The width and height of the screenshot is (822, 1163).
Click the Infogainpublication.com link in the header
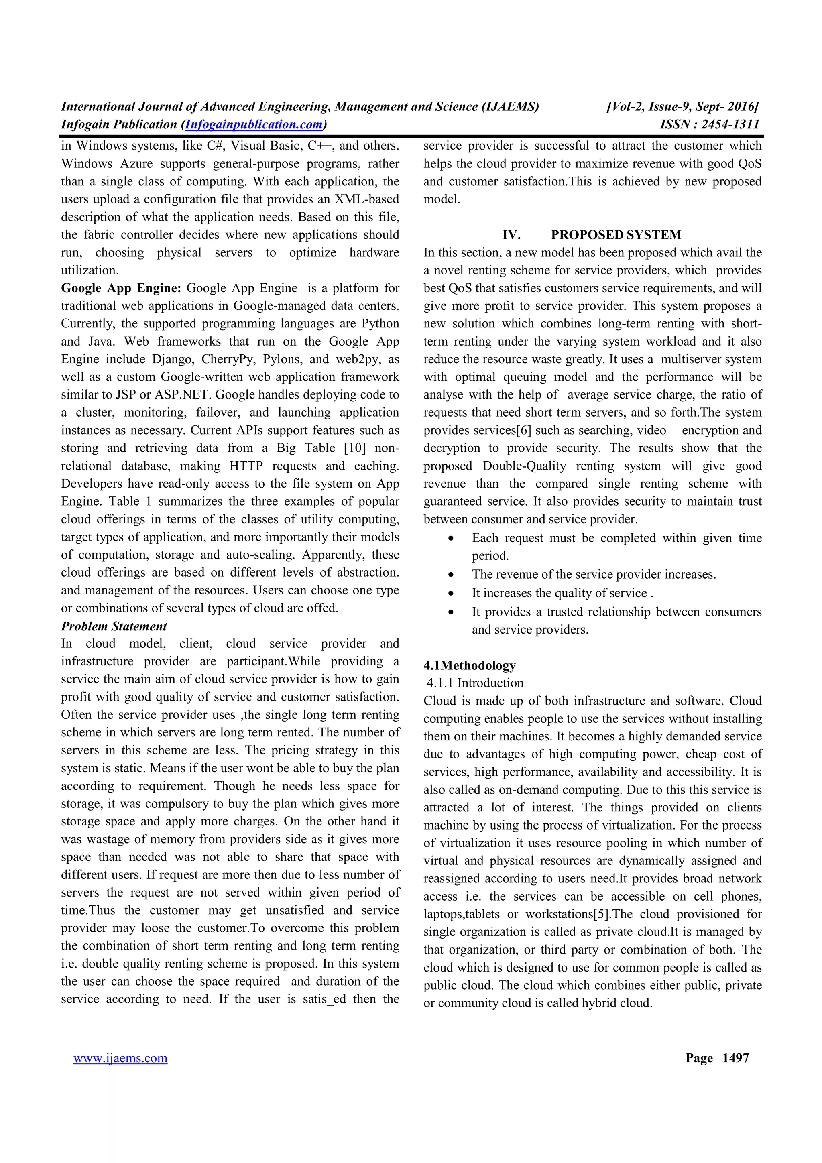pyautogui.click(x=254, y=124)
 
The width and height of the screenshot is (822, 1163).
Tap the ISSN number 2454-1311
pyautogui.click(x=730, y=124)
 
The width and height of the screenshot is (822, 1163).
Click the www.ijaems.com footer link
pyautogui.click(x=120, y=1058)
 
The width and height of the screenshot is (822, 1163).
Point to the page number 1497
pyautogui.click(x=735, y=1058)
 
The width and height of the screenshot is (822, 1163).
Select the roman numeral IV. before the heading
pyautogui.click(x=511, y=235)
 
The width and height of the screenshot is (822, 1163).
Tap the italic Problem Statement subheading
pyautogui.click(x=114, y=626)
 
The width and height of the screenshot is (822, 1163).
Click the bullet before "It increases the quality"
pyautogui.click(x=451, y=594)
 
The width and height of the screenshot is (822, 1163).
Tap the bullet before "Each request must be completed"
pyautogui.click(x=451, y=539)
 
